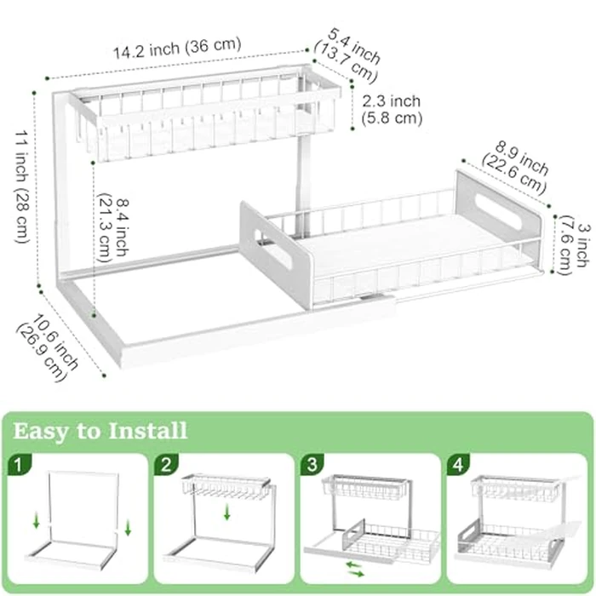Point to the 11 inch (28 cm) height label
(24, 186)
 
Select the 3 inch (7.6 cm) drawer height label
(573, 243)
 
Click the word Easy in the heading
(45, 430)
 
